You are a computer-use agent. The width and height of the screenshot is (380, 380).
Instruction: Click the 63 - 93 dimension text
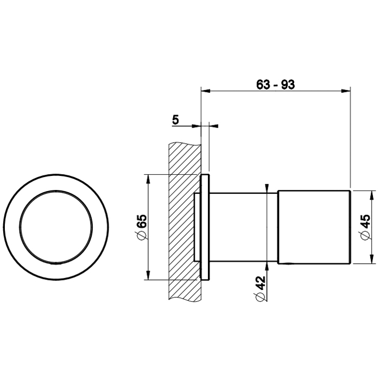(x=276, y=85)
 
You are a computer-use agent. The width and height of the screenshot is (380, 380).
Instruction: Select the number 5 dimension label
(x=175, y=120)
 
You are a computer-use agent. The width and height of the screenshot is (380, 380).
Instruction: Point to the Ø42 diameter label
(x=260, y=289)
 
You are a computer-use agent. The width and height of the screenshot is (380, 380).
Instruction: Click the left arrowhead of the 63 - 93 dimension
(x=206, y=91)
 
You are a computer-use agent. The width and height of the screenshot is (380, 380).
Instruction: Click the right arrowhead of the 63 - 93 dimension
(x=346, y=91)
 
